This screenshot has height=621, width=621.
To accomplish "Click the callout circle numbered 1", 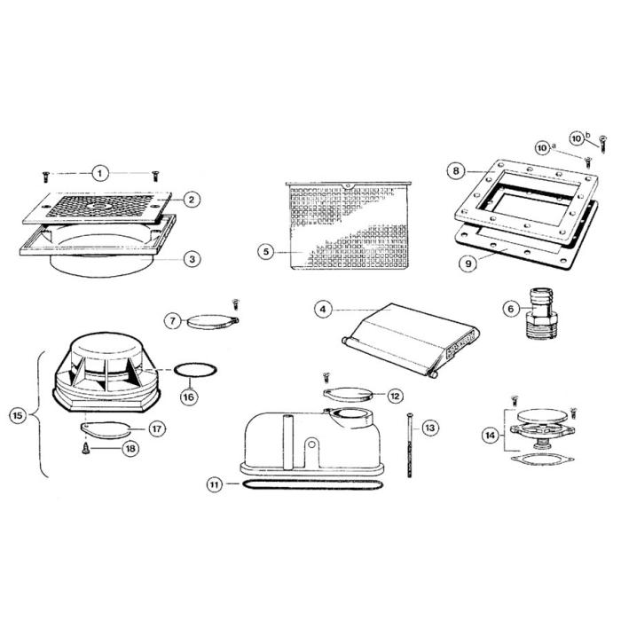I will [x=100, y=172].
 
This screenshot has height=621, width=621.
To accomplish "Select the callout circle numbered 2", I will [x=189, y=200].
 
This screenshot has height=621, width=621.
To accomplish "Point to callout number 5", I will [x=265, y=251].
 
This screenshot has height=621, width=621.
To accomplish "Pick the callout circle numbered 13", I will [x=429, y=428].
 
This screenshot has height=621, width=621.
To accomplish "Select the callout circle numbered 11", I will [x=214, y=484].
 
